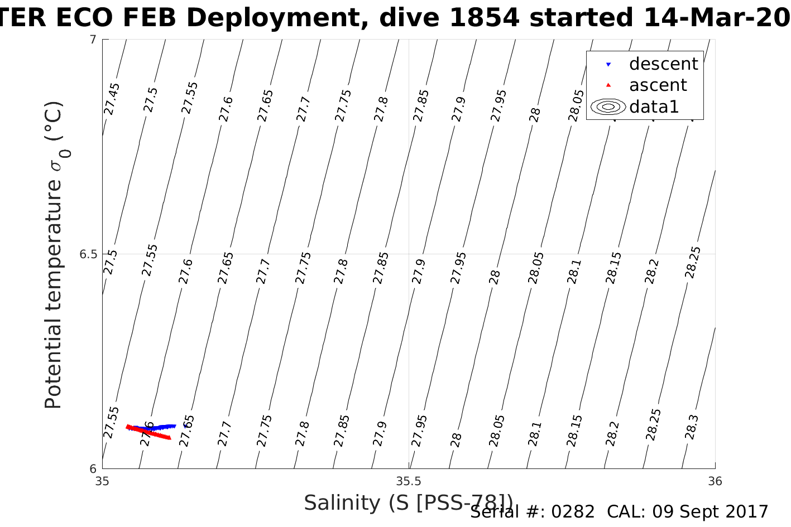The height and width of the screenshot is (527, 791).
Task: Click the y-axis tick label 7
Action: point(93,40)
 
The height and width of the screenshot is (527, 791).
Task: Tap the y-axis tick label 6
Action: point(93,469)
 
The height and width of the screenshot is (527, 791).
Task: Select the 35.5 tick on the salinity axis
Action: point(409,481)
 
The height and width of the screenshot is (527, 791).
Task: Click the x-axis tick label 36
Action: point(715,481)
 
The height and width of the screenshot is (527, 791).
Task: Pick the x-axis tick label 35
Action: point(102,481)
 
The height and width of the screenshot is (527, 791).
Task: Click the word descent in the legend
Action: point(663,64)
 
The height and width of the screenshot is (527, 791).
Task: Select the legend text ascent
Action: point(658,85)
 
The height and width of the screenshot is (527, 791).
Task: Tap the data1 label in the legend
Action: point(654,107)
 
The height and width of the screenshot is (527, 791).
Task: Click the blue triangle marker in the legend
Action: point(608,65)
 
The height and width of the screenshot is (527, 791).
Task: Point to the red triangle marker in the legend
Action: point(608,85)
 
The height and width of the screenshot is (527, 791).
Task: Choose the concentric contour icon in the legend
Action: point(608,107)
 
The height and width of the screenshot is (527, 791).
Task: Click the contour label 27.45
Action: point(112,99)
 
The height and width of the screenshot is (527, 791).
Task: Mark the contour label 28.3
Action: point(691,427)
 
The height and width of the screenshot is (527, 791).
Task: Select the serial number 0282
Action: point(573,512)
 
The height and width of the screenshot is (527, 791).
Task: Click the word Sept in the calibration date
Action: point(691,512)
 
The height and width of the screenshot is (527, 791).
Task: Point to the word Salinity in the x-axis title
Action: point(342,503)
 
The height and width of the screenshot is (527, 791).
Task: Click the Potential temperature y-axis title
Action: point(54,255)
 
